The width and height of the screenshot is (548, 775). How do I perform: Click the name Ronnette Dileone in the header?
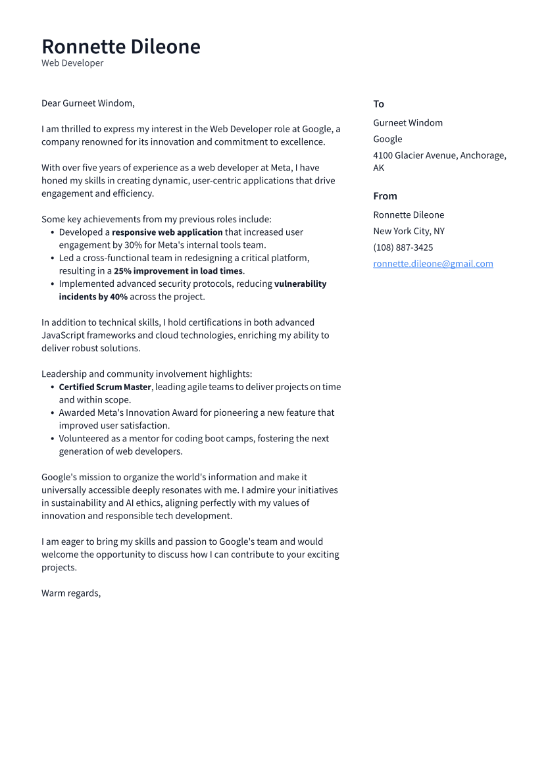click(x=121, y=47)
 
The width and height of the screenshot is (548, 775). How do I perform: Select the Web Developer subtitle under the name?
click(x=72, y=63)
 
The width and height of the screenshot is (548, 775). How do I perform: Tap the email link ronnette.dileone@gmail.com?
click(x=433, y=264)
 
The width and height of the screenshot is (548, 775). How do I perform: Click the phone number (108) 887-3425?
click(x=403, y=247)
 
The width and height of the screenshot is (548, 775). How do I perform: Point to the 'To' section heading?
click(x=379, y=104)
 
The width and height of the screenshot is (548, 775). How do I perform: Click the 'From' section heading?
click(x=386, y=196)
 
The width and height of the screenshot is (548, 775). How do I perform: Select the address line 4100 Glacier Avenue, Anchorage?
click(x=439, y=155)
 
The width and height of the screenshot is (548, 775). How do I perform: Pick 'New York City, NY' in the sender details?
click(x=409, y=231)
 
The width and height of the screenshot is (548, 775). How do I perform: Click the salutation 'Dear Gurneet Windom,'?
click(x=88, y=103)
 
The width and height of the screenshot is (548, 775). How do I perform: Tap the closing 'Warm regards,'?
click(x=71, y=593)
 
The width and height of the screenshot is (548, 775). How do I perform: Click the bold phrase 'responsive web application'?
click(x=167, y=232)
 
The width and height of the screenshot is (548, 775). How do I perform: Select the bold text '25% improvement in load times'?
click(x=178, y=271)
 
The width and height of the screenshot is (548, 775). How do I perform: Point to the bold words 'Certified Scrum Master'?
click(x=105, y=387)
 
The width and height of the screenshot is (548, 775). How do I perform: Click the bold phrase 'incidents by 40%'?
click(x=93, y=297)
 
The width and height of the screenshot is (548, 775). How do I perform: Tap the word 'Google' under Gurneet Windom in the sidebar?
click(x=387, y=139)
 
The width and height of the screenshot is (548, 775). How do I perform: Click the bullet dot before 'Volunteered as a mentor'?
click(x=53, y=439)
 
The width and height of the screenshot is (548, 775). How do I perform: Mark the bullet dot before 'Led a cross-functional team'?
click(x=53, y=259)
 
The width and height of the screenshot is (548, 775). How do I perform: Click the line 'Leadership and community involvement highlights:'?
click(x=147, y=374)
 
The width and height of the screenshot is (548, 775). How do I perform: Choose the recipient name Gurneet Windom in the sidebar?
click(x=408, y=123)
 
